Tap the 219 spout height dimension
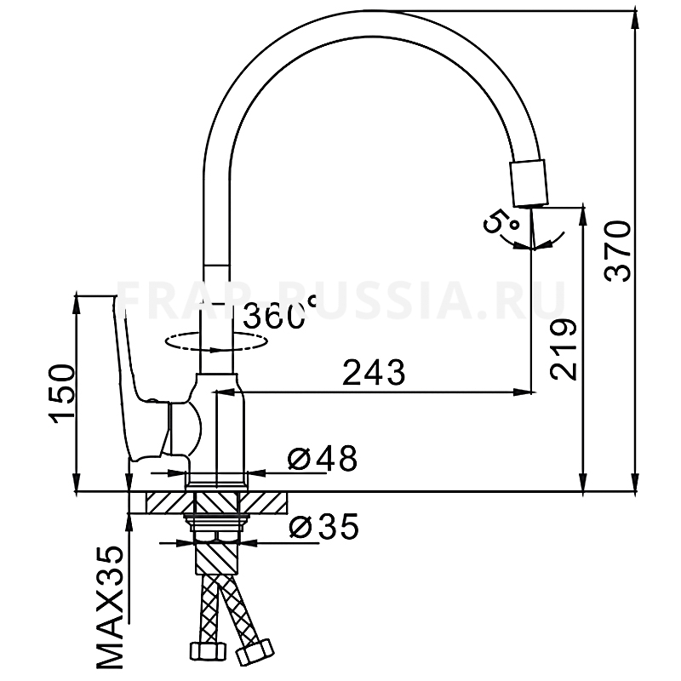(x=564, y=350)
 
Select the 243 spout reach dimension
(x=374, y=372)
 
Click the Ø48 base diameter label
(x=323, y=458)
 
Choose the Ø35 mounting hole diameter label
(x=323, y=526)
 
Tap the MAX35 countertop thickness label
(x=110, y=608)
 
